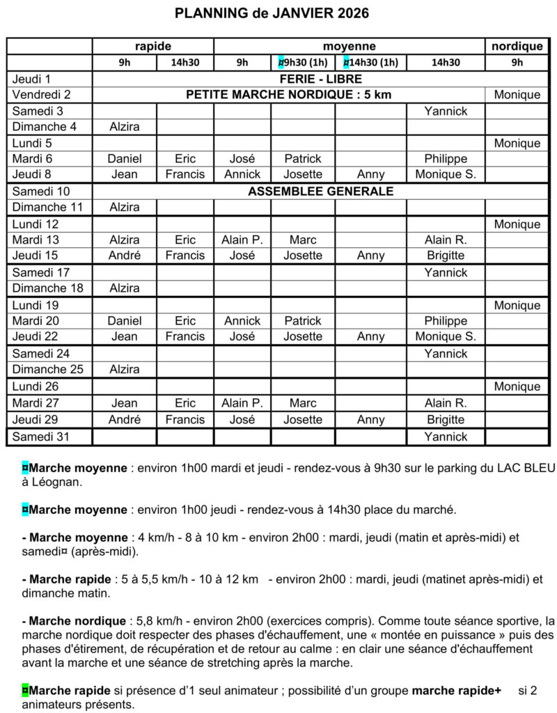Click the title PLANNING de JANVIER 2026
click(272, 13)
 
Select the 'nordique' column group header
click(517, 47)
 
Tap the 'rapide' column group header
click(152, 47)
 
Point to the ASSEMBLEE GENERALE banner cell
click(321, 191)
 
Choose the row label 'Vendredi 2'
click(42, 95)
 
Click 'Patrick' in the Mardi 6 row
click(303, 159)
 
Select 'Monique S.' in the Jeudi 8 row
click(446, 175)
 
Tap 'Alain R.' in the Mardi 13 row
click(446, 240)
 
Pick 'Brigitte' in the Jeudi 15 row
click(446, 256)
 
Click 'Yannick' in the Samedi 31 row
click(446, 437)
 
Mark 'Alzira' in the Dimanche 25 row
click(125, 369)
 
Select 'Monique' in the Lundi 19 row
click(517, 305)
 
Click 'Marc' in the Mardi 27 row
click(303, 402)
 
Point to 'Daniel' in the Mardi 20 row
click(125, 321)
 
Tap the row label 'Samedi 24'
click(38, 353)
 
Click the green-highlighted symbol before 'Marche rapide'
click(25, 690)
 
